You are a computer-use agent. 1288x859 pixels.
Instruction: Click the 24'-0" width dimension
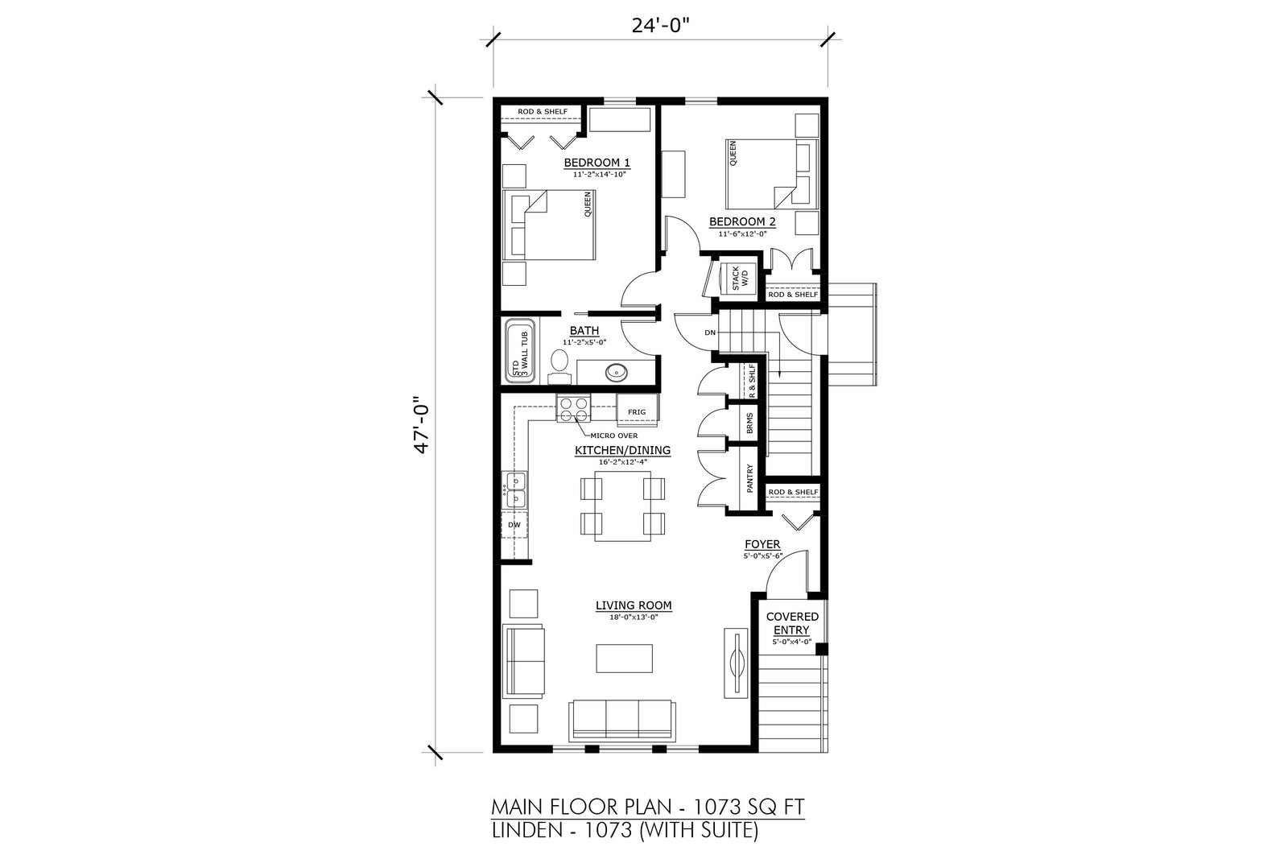click(660, 26)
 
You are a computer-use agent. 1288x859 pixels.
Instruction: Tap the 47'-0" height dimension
click(422, 427)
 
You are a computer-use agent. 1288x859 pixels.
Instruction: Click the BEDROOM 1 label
click(597, 162)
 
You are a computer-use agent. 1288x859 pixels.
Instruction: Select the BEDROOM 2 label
click(742, 221)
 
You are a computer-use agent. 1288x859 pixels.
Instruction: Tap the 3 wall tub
click(520, 351)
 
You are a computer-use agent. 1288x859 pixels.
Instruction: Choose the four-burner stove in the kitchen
click(574, 409)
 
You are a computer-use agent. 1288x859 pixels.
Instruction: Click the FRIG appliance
click(637, 411)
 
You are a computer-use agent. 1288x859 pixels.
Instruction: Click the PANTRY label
click(749, 478)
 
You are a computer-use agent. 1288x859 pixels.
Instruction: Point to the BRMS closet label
click(749, 423)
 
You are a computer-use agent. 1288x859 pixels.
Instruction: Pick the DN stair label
click(710, 333)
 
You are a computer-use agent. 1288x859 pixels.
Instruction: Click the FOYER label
click(762, 544)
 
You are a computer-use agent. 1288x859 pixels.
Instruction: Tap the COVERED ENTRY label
click(792, 623)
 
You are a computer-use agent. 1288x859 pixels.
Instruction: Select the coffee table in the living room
click(625, 659)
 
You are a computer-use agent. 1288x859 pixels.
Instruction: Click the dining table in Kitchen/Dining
click(623, 506)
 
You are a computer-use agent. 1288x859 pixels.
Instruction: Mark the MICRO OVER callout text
click(613, 436)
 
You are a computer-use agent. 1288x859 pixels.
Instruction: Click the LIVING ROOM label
click(634, 605)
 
